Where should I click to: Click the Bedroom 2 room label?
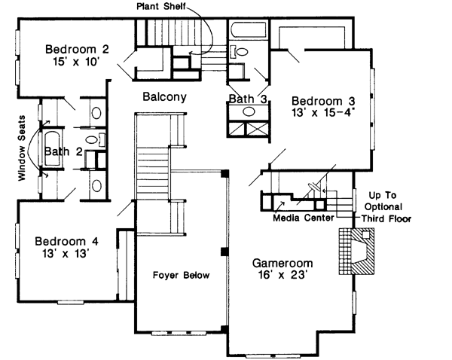(77, 50)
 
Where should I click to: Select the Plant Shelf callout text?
(161, 6)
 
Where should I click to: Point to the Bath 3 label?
(246, 99)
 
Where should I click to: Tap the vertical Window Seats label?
(22, 148)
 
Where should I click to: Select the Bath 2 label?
(63, 151)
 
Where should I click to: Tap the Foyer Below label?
(181, 275)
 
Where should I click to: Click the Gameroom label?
(282, 264)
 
